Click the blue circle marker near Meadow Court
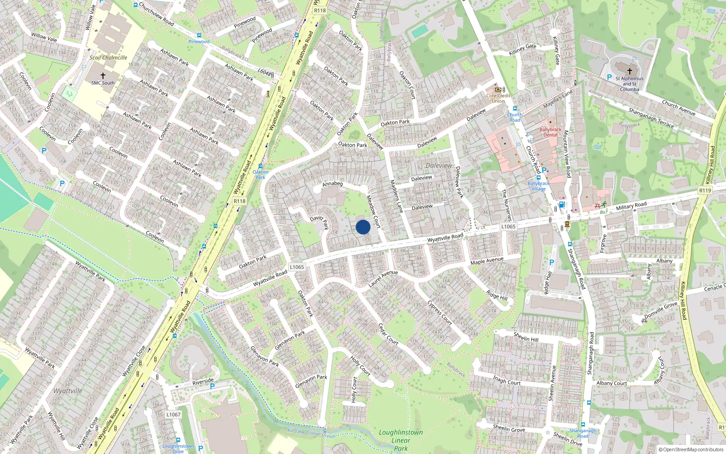click(x=363, y=227)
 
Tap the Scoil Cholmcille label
click(x=108, y=58)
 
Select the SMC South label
click(x=103, y=83)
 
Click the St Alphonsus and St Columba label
click(x=629, y=84)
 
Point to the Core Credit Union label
click(x=498, y=99)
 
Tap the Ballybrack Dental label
click(x=550, y=132)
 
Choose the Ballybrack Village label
click(x=539, y=186)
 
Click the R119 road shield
click(x=705, y=191)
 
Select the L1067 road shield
click(x=173, y=415)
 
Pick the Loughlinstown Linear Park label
click(x=401, y=440)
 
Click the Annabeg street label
click(x=333, y=184)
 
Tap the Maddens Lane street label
click(x=396, y=196)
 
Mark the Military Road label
click(x=631, y=206)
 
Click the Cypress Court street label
click(x=440, y=312)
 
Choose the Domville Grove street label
click(x=661, y=310)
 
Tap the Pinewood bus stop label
click(x=199, y=42)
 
